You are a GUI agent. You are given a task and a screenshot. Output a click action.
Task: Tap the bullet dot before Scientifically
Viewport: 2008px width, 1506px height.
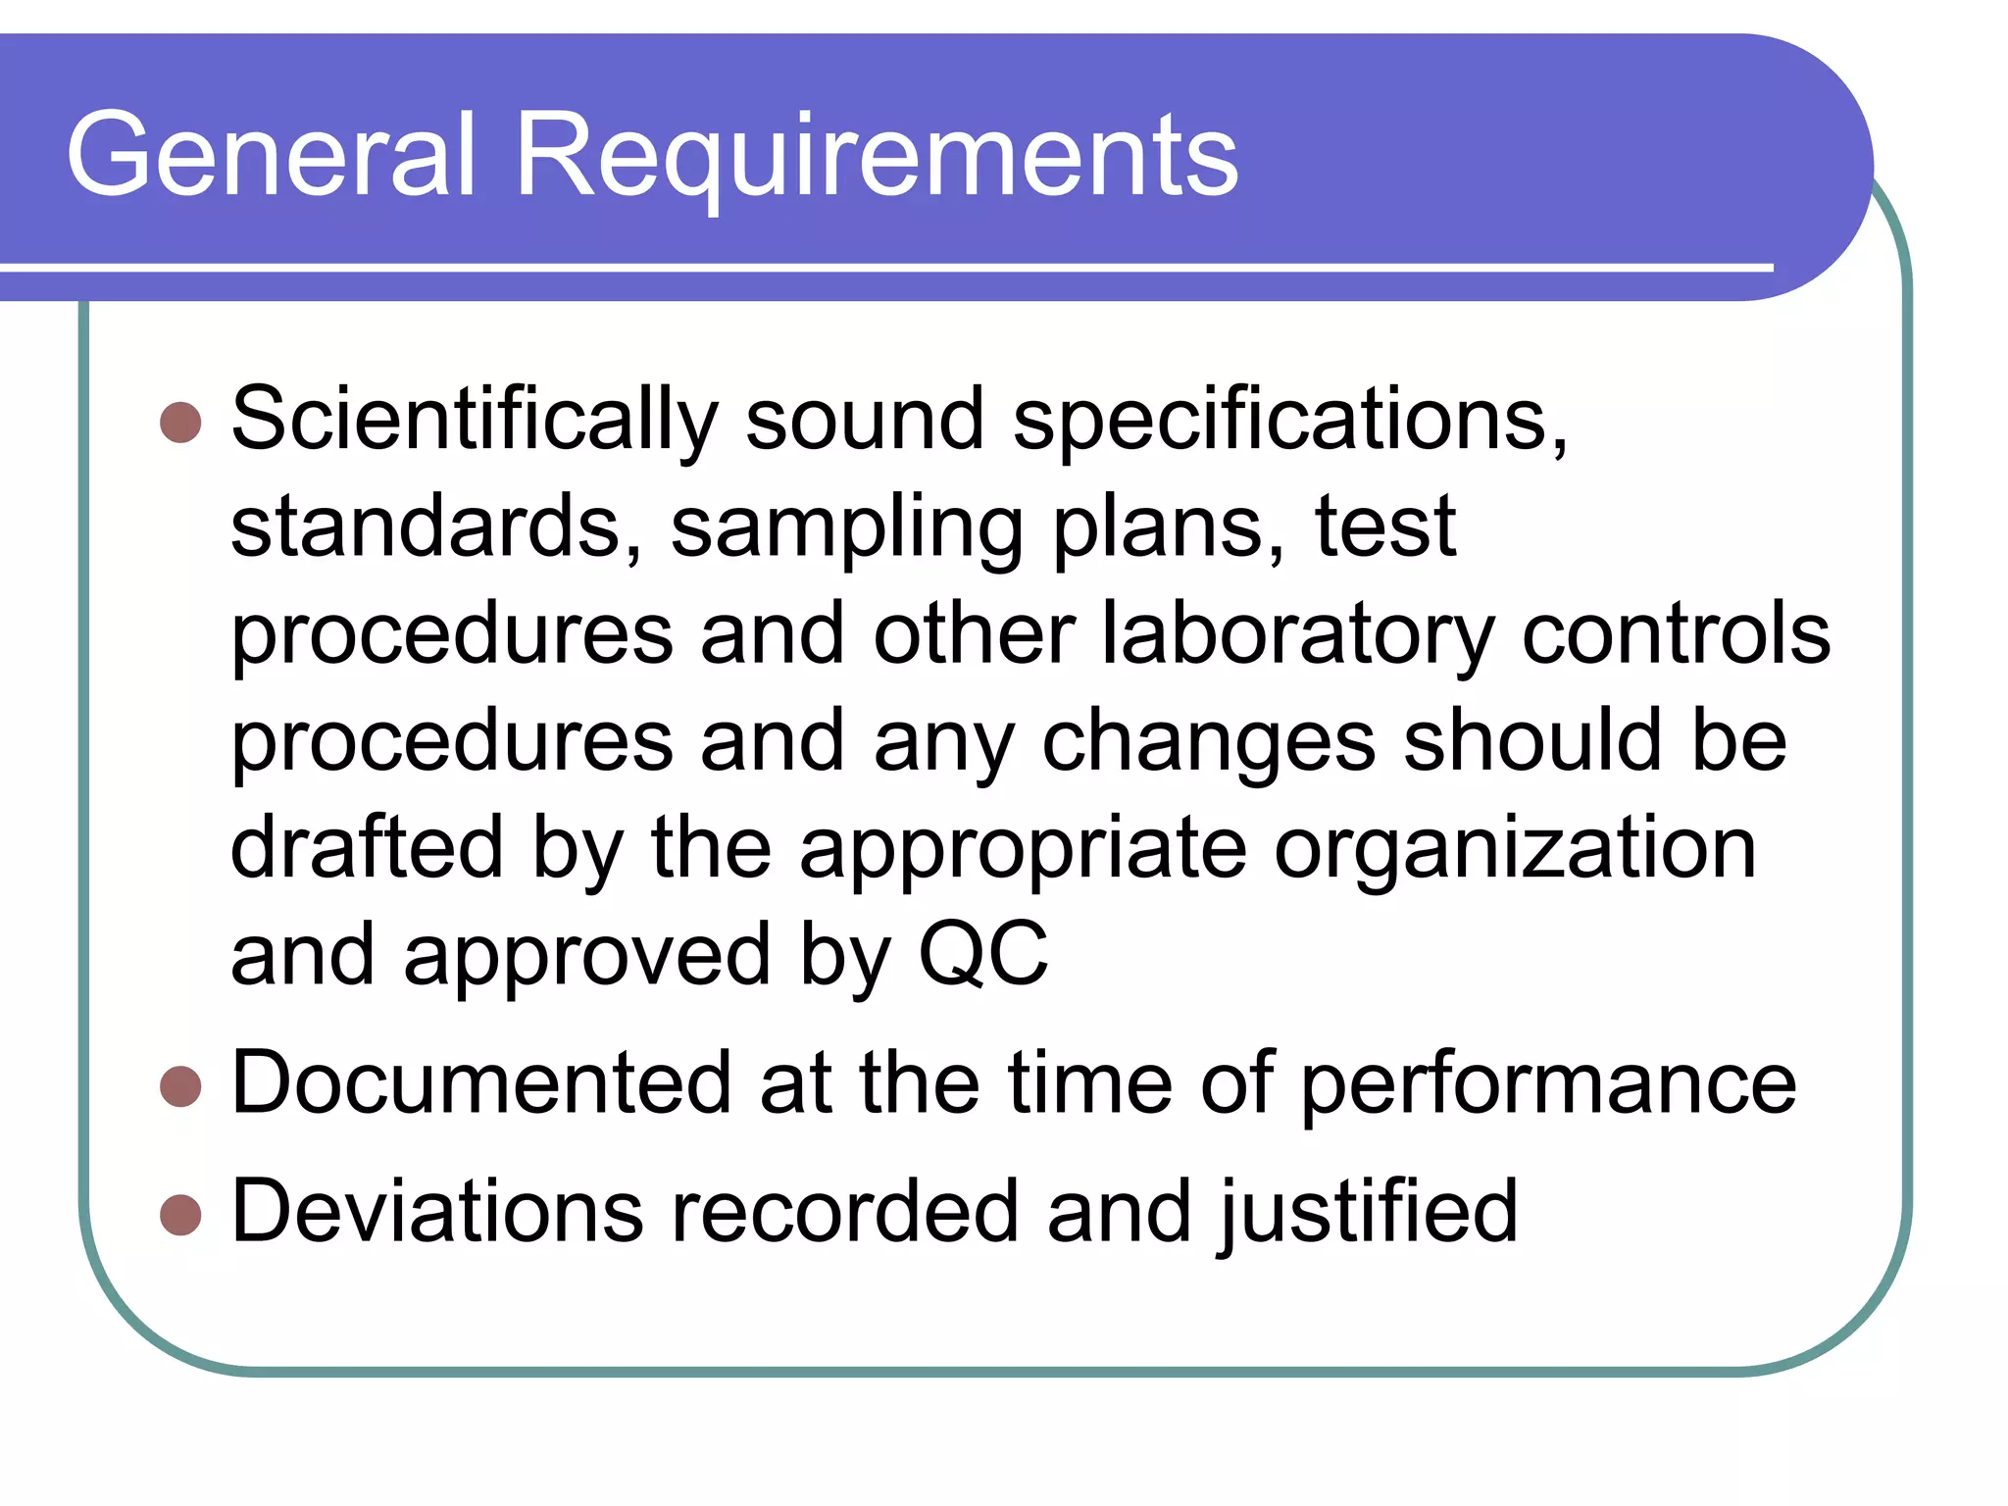180,423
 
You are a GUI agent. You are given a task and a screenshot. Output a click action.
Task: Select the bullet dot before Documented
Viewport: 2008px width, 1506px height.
180,1086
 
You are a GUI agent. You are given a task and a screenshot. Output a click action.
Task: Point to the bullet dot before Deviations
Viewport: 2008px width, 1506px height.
180,1215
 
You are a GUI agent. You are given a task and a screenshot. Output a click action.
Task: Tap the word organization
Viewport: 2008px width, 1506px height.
1515,849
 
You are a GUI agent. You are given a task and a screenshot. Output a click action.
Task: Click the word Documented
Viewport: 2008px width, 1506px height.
481,1083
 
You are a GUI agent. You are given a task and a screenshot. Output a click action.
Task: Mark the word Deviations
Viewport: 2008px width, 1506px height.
437,1212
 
